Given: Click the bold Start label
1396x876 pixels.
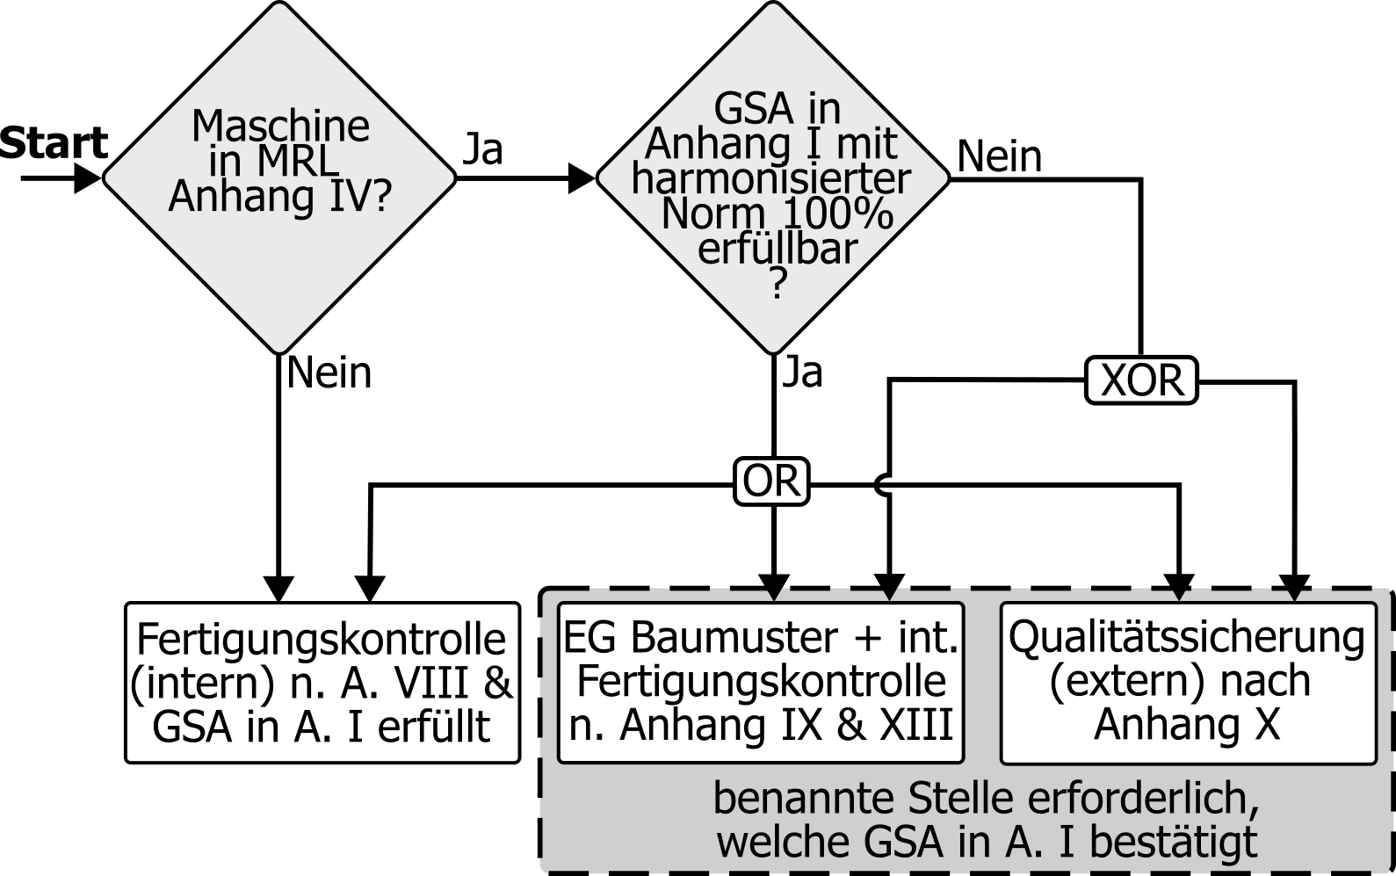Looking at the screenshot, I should point(53,143).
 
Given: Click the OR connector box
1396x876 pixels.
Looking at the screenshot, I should point(771,482).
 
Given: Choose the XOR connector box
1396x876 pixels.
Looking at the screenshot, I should point(1141,380).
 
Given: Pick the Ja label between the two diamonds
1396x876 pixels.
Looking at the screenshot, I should point(482,149).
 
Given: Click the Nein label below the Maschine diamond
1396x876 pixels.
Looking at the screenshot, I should point(329,373).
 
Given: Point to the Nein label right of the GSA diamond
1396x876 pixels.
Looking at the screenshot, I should point(999,157).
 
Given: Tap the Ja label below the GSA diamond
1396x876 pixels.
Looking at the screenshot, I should point(802,372).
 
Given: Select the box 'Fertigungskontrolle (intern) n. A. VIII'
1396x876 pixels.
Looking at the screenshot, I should point(322,683).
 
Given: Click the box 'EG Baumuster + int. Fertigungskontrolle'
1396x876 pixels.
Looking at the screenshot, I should point(761,683).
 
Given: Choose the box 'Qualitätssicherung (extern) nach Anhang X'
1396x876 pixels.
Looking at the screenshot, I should point(1188,683).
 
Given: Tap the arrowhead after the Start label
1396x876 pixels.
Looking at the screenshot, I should point(89,178).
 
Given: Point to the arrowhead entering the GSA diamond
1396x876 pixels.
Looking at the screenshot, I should point(582,178).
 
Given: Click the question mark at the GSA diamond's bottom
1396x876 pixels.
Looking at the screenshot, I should point(777,284).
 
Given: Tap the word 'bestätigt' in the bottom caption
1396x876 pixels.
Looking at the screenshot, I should point(1172,842).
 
